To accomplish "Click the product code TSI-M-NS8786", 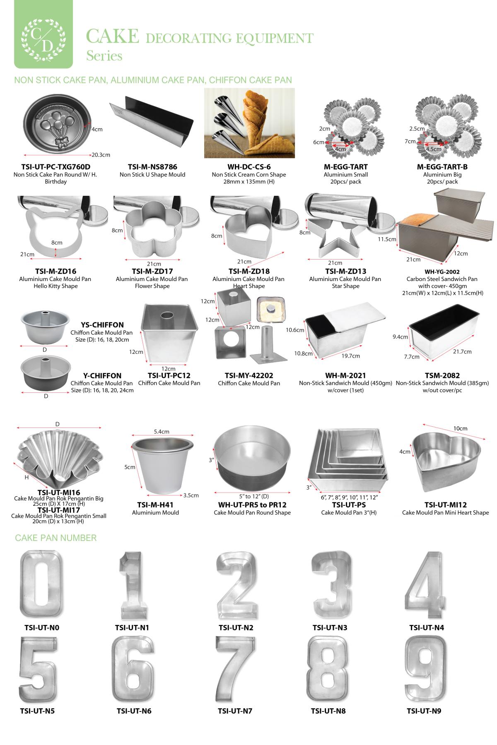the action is tap(152, 167).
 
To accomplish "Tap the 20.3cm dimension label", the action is tap(101, 155).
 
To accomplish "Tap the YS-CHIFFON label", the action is tap(102, 325).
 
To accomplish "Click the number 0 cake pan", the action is tap(42, 584).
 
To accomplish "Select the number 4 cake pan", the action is tap(426, 584).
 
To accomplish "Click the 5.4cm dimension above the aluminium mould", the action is tap(162, 431).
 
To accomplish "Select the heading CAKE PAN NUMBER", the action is tap(56, 538).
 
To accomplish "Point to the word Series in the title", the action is tap(104, 56).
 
